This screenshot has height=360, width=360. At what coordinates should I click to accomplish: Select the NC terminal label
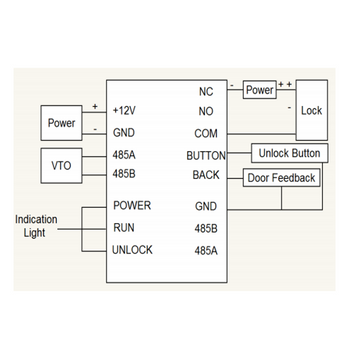[x=207, y=91]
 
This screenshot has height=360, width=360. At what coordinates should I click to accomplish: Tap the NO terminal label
[x=207, y=110]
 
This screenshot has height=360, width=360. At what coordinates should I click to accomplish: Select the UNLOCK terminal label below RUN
[x=134, y=250]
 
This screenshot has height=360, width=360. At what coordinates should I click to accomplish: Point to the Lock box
[x=311, y=110]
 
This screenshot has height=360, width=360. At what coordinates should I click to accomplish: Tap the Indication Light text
[x=35, y=225]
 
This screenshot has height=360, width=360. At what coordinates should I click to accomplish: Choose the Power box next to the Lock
[x=260, y=90]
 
